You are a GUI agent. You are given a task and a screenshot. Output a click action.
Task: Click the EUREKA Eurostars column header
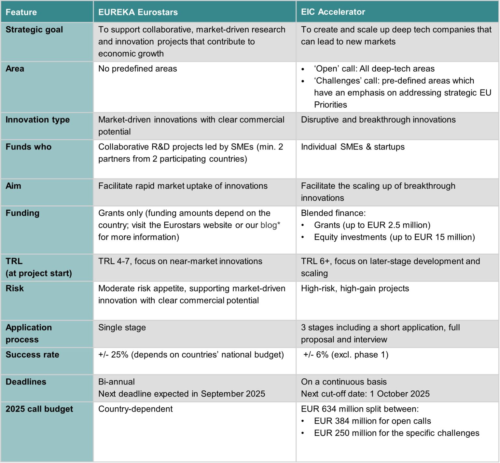pos(138,12)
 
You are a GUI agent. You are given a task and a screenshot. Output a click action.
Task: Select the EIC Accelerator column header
pos(333,12)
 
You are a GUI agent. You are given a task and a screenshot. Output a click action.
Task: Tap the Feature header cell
pos(21,12)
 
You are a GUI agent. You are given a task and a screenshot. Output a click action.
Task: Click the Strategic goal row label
pos(34,30)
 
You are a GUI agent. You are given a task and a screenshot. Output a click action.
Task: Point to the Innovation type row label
pos(37,120)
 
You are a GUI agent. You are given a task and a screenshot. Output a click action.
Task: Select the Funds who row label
pos(28,147)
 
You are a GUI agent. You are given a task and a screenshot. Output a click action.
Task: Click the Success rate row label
pos(32,355)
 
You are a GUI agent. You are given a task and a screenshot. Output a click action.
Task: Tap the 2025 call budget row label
pos(39,409)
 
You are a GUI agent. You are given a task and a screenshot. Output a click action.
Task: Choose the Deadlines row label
pos(26,382)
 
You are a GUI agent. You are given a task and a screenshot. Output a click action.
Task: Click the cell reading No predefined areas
pos(137,69)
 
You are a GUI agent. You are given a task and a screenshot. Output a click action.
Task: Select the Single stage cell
pos(122,328)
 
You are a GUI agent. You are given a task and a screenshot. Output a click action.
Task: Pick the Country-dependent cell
pos(135,409)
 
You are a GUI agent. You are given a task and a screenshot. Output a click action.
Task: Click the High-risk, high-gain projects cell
pos(355,288)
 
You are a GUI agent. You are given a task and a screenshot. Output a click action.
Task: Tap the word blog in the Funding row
pos(269,225)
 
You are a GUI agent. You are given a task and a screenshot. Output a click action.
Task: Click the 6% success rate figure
pos(322,355)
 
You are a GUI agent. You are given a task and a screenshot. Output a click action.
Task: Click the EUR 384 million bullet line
pos(372,421)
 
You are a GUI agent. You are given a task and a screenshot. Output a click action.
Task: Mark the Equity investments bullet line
pos(394,237)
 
